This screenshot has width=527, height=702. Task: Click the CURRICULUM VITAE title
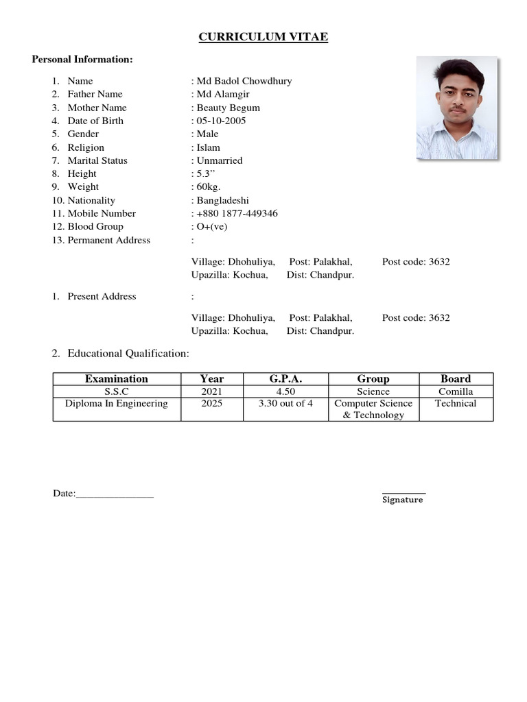[263, 37]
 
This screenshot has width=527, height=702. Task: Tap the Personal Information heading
[82, 60]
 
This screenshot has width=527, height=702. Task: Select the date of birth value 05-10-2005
[221, 121]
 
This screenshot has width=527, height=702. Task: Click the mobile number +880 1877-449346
[237, 213]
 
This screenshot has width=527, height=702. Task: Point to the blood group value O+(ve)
[218, 226]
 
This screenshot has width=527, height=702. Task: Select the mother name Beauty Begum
[228, 108]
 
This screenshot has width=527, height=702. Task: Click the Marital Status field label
[97, 160]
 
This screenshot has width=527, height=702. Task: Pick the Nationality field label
[91, 200]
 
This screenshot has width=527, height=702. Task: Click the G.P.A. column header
[285, 378]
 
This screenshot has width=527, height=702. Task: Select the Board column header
[456, 378]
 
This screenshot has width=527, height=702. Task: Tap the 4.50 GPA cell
[285, 391]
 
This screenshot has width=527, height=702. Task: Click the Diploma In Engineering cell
[117, 403]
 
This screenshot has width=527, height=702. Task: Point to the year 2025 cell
[211, 403]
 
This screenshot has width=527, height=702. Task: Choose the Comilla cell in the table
[456, 391]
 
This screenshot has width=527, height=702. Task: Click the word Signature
[403, 500]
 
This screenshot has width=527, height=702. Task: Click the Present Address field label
[102, 296]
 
